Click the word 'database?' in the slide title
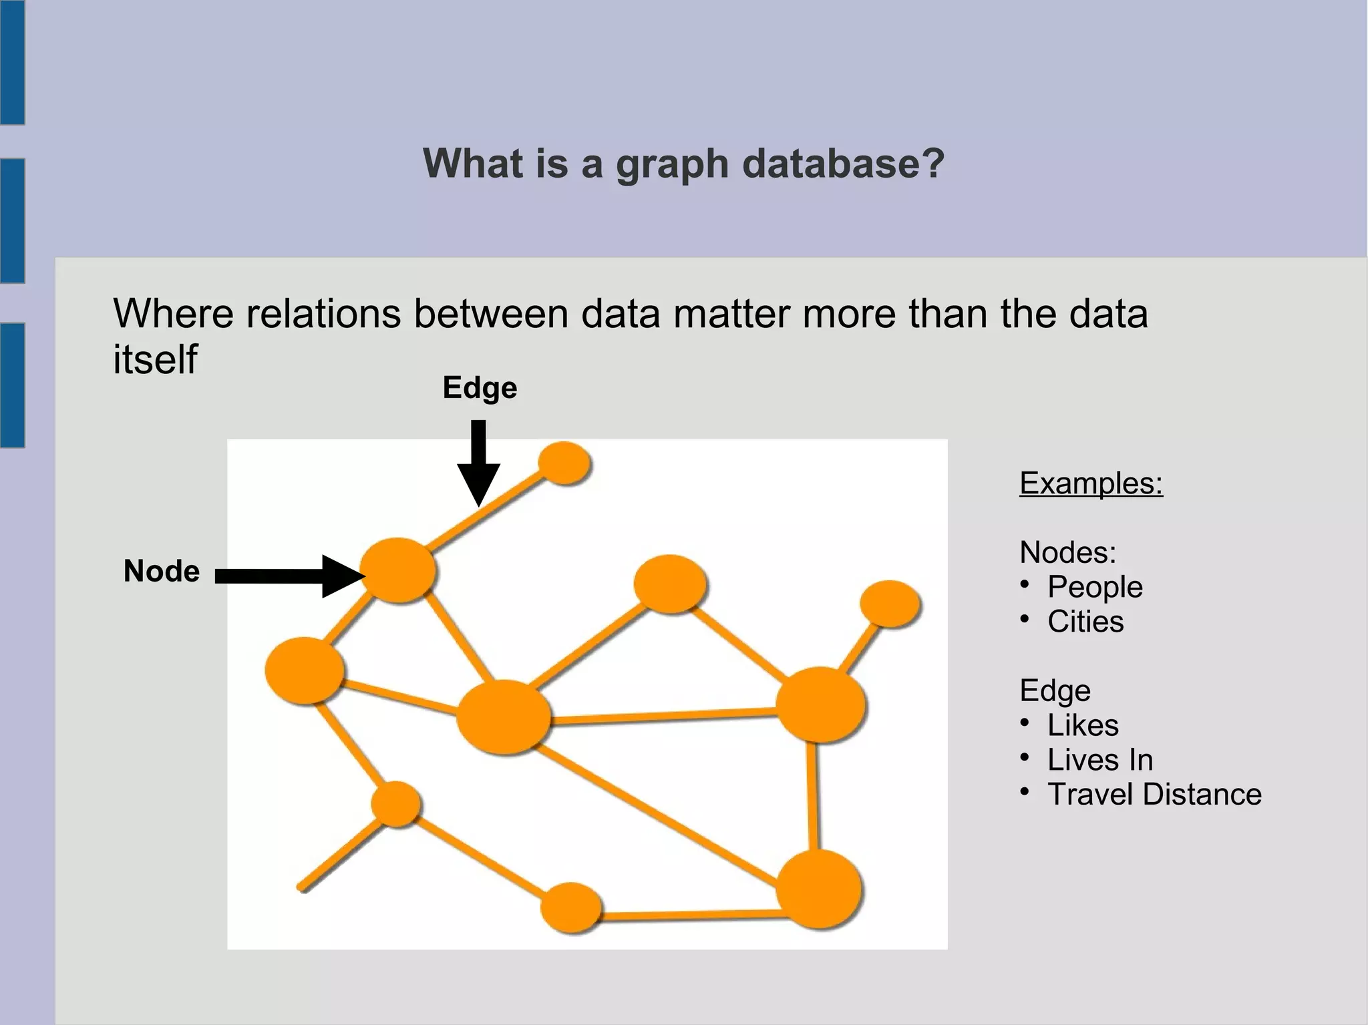[843, 163]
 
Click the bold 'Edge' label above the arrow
[480, 388]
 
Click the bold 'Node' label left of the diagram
[162, 572]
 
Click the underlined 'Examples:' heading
[1091, 483]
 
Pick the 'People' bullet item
[1094, 587]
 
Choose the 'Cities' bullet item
[1085, 622]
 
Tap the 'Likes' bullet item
[1082, 725]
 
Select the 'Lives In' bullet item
[1099, 760]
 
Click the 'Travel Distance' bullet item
[1154, 795]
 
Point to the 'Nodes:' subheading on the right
[1067, 552]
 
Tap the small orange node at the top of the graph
[564, 462]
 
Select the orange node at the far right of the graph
[890, 604]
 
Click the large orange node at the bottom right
[819, 889]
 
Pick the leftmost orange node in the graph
[305, 670]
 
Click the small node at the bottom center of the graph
[570, 907]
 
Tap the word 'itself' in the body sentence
[155, 360]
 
